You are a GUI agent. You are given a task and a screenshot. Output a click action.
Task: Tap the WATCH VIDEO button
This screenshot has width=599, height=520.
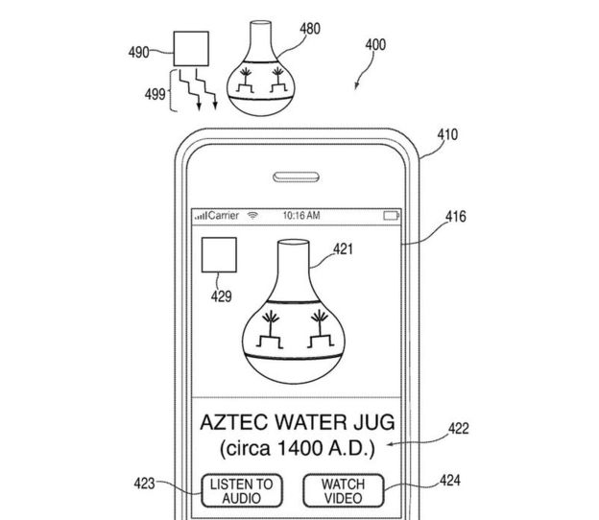pos(342,490)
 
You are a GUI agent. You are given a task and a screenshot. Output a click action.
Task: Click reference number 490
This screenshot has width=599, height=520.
pos(138,53)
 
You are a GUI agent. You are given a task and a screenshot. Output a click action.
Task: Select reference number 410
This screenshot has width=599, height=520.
pos(447,136)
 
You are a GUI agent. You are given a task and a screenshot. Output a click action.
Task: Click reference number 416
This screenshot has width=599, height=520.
pos(456,217)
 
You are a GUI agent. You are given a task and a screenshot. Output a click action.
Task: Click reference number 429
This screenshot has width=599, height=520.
pos(222,296)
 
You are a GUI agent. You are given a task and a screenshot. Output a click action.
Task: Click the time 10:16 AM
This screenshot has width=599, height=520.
pos(299,216)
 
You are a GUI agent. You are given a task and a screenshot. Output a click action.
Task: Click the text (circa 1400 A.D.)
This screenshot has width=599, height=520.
pos(299,448)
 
